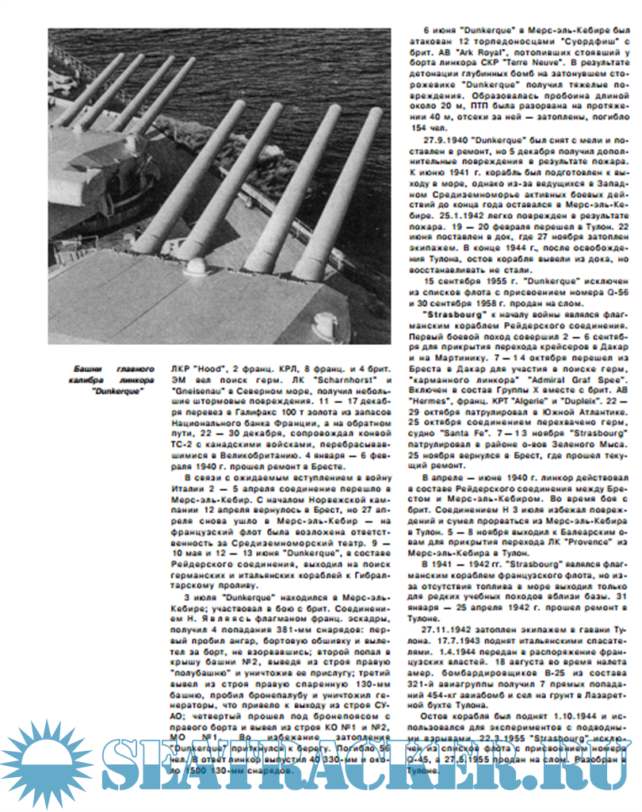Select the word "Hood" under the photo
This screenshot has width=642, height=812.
click(207, 370)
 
